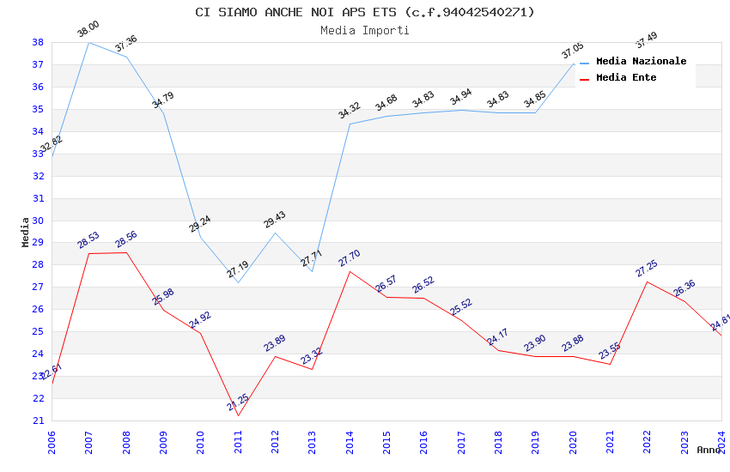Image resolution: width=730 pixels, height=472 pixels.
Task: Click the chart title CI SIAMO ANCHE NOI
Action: point(364,12)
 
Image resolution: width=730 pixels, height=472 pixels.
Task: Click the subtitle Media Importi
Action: point(364,30)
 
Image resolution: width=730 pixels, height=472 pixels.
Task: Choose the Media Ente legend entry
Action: point(626,78)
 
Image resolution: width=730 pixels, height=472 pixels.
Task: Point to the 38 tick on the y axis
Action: point(39,42)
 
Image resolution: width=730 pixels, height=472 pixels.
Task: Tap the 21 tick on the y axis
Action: point(39,421)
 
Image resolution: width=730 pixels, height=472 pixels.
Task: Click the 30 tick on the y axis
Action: point(39,221)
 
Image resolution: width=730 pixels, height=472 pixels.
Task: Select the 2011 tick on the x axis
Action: point(238,441)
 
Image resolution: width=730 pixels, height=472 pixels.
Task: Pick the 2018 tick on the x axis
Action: point(498,441)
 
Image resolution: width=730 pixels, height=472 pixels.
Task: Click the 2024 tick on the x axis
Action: point(721,441)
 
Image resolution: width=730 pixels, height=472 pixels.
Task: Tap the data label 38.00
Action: point(88,30)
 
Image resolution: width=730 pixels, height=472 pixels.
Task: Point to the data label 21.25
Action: point(238,402)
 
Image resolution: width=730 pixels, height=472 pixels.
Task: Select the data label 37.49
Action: point(646,39)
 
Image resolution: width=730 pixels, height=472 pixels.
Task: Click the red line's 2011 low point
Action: point(238,415)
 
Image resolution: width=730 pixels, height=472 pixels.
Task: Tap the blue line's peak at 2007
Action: point(88,42)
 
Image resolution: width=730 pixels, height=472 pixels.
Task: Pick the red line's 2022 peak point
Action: point(647,281)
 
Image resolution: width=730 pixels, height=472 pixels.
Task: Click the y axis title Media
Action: point(26,232)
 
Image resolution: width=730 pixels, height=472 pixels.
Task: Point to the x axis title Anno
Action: point(709,450)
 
